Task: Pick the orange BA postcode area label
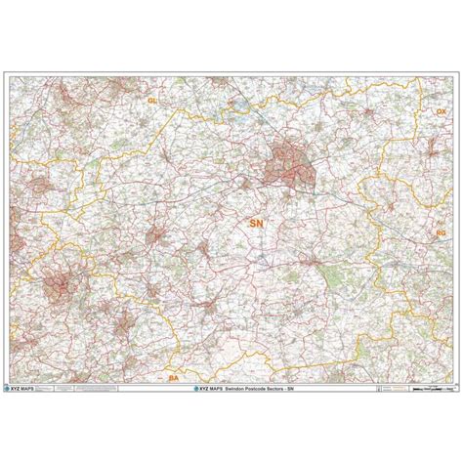click(174, 375)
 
